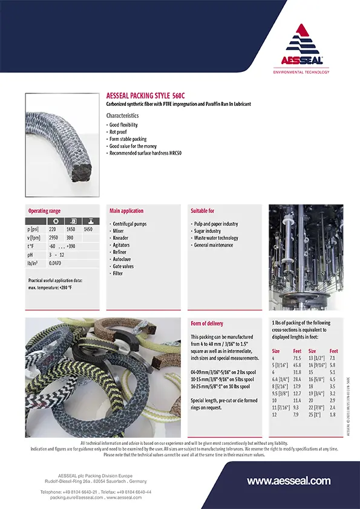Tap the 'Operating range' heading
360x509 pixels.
click(45, 211)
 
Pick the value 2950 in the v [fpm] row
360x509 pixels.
click(55, 238)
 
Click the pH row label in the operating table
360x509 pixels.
click(30, 255)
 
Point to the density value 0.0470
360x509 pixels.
click(55, 264)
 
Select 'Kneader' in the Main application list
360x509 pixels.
click(120, 238)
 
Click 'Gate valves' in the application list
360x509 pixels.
click(123, 266)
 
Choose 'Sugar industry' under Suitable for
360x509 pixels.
click(206, 231)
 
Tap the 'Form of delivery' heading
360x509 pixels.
click(207, 323)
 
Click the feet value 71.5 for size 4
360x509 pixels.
click(297, 358)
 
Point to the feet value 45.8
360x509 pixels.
click(297, 366)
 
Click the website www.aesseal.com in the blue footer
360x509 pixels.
click(289, 481)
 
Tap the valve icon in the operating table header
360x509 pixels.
click(88, 221)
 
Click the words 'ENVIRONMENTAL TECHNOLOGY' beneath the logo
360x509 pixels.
click(301, 72)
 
